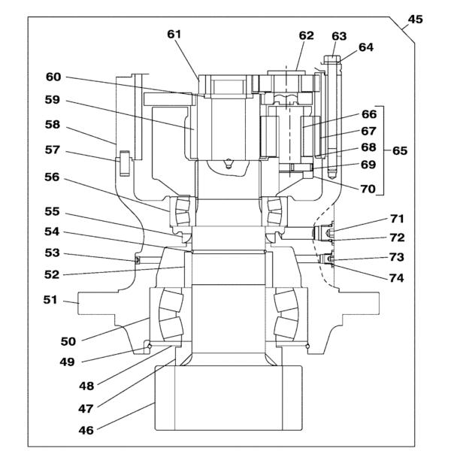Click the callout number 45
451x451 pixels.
[416, 20]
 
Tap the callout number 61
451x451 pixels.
[174, 35]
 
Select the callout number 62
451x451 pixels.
[306, 35]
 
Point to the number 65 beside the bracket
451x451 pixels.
[400, 151]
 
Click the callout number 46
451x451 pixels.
[86, 431]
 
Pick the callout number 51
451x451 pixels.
[50, 300]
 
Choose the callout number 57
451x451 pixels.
[52, 150]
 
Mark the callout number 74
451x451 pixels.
[397, 278]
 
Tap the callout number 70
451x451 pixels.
[368, 189]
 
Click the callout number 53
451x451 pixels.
[52, 253]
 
